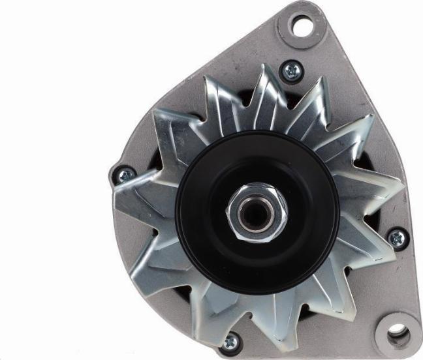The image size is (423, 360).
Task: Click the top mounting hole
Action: point(300,26)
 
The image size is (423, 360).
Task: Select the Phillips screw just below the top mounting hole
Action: point(291,70)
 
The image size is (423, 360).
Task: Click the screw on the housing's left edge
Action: point(122,175)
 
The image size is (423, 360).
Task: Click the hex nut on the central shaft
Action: point(258,212)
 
